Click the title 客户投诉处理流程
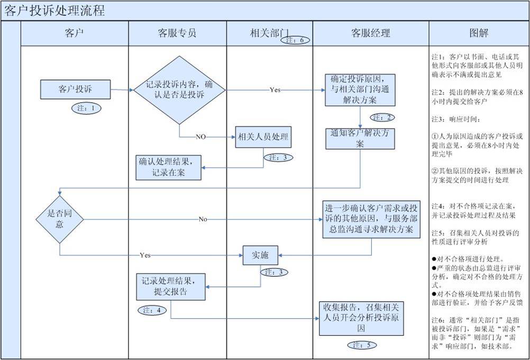pyautogui.click(x=54, y=11)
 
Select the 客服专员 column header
pyautogui.click(x=177, y=33)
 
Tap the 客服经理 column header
pyautogui.click(x=370, y=33)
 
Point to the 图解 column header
pyautogui.click(x=479, y=33)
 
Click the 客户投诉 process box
pyautogui.click(x=75, y=89)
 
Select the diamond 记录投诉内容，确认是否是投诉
pyautogui.click(x=180, y=89)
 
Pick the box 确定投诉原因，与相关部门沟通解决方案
pyautogui.click(x=360, y=90)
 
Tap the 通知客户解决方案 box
pyautogui.click(x=360, y=139)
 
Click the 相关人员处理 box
pyautogui.click(x=263, y=137)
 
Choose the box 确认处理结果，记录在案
pyautogui.click(x=169, y=167)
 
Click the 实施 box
pyautogui.click(x=260, y=256)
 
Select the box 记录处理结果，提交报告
pyautogui.click(x=170, y=286)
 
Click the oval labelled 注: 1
pyautogui.click(x=86, y=108)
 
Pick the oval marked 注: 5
pyautogui.click(x=362, y=345)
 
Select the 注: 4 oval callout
pyautogui.click(x=152, y=310)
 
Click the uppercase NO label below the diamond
pyautogui.click(x=200, y=137)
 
